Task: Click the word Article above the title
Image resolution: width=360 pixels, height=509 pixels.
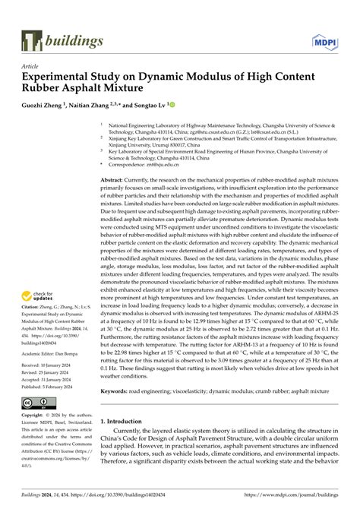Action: [30, 66]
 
